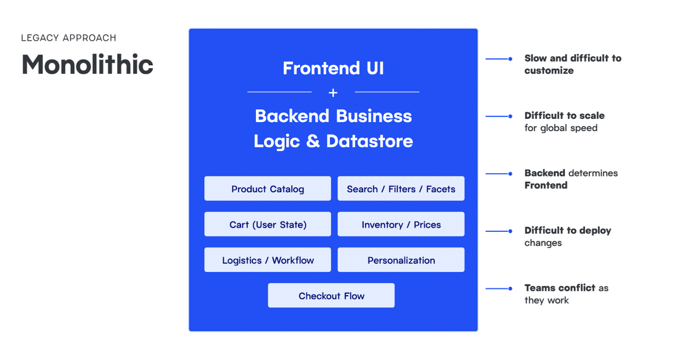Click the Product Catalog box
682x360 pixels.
click(x=267, y=189)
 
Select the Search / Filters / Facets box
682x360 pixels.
click(x=401, y=189)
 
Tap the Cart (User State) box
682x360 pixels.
click(x=267, y=225)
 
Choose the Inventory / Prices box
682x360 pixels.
click(x=401, y=225)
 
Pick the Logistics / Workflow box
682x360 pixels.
click(x=267, y=260)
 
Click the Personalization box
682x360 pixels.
click(x=401, y=260)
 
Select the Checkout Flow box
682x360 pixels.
click(x=331, y=296)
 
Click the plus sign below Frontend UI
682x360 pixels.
click(x=333, y=92)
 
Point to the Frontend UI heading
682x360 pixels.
click(x=333, y=68)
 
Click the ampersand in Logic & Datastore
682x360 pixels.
click(x=313, y=141)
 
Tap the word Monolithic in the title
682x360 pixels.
click(x=87, y=65)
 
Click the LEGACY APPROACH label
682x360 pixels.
click(x=69, y=38)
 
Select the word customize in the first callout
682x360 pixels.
click(x=549, y=71)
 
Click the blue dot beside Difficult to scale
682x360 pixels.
click(x=510, y=116)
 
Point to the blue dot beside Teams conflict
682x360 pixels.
click(x=510, y=288)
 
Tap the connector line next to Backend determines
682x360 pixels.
click(x=497, y=174)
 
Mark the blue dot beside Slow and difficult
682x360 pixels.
click(x=510, y=59)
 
